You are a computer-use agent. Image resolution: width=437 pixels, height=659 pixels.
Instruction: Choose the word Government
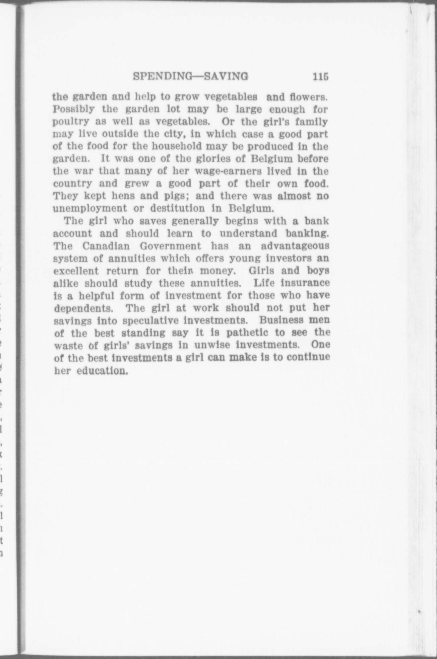[x=170, y=246]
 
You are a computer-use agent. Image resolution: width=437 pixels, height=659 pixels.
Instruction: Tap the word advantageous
[x=295, y=246]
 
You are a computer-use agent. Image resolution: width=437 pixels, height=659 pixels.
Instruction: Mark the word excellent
[x=76, y=271]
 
